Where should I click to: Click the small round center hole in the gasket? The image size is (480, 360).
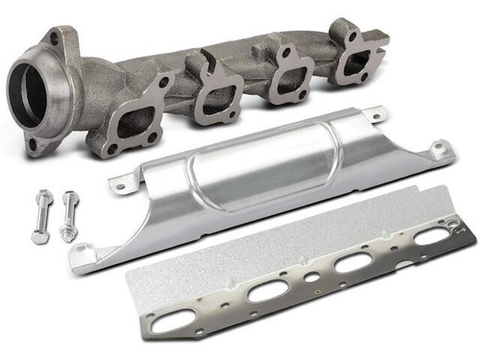[312, 278]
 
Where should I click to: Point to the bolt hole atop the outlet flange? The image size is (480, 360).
[56, 39]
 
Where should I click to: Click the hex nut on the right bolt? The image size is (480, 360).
[67, 231]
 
